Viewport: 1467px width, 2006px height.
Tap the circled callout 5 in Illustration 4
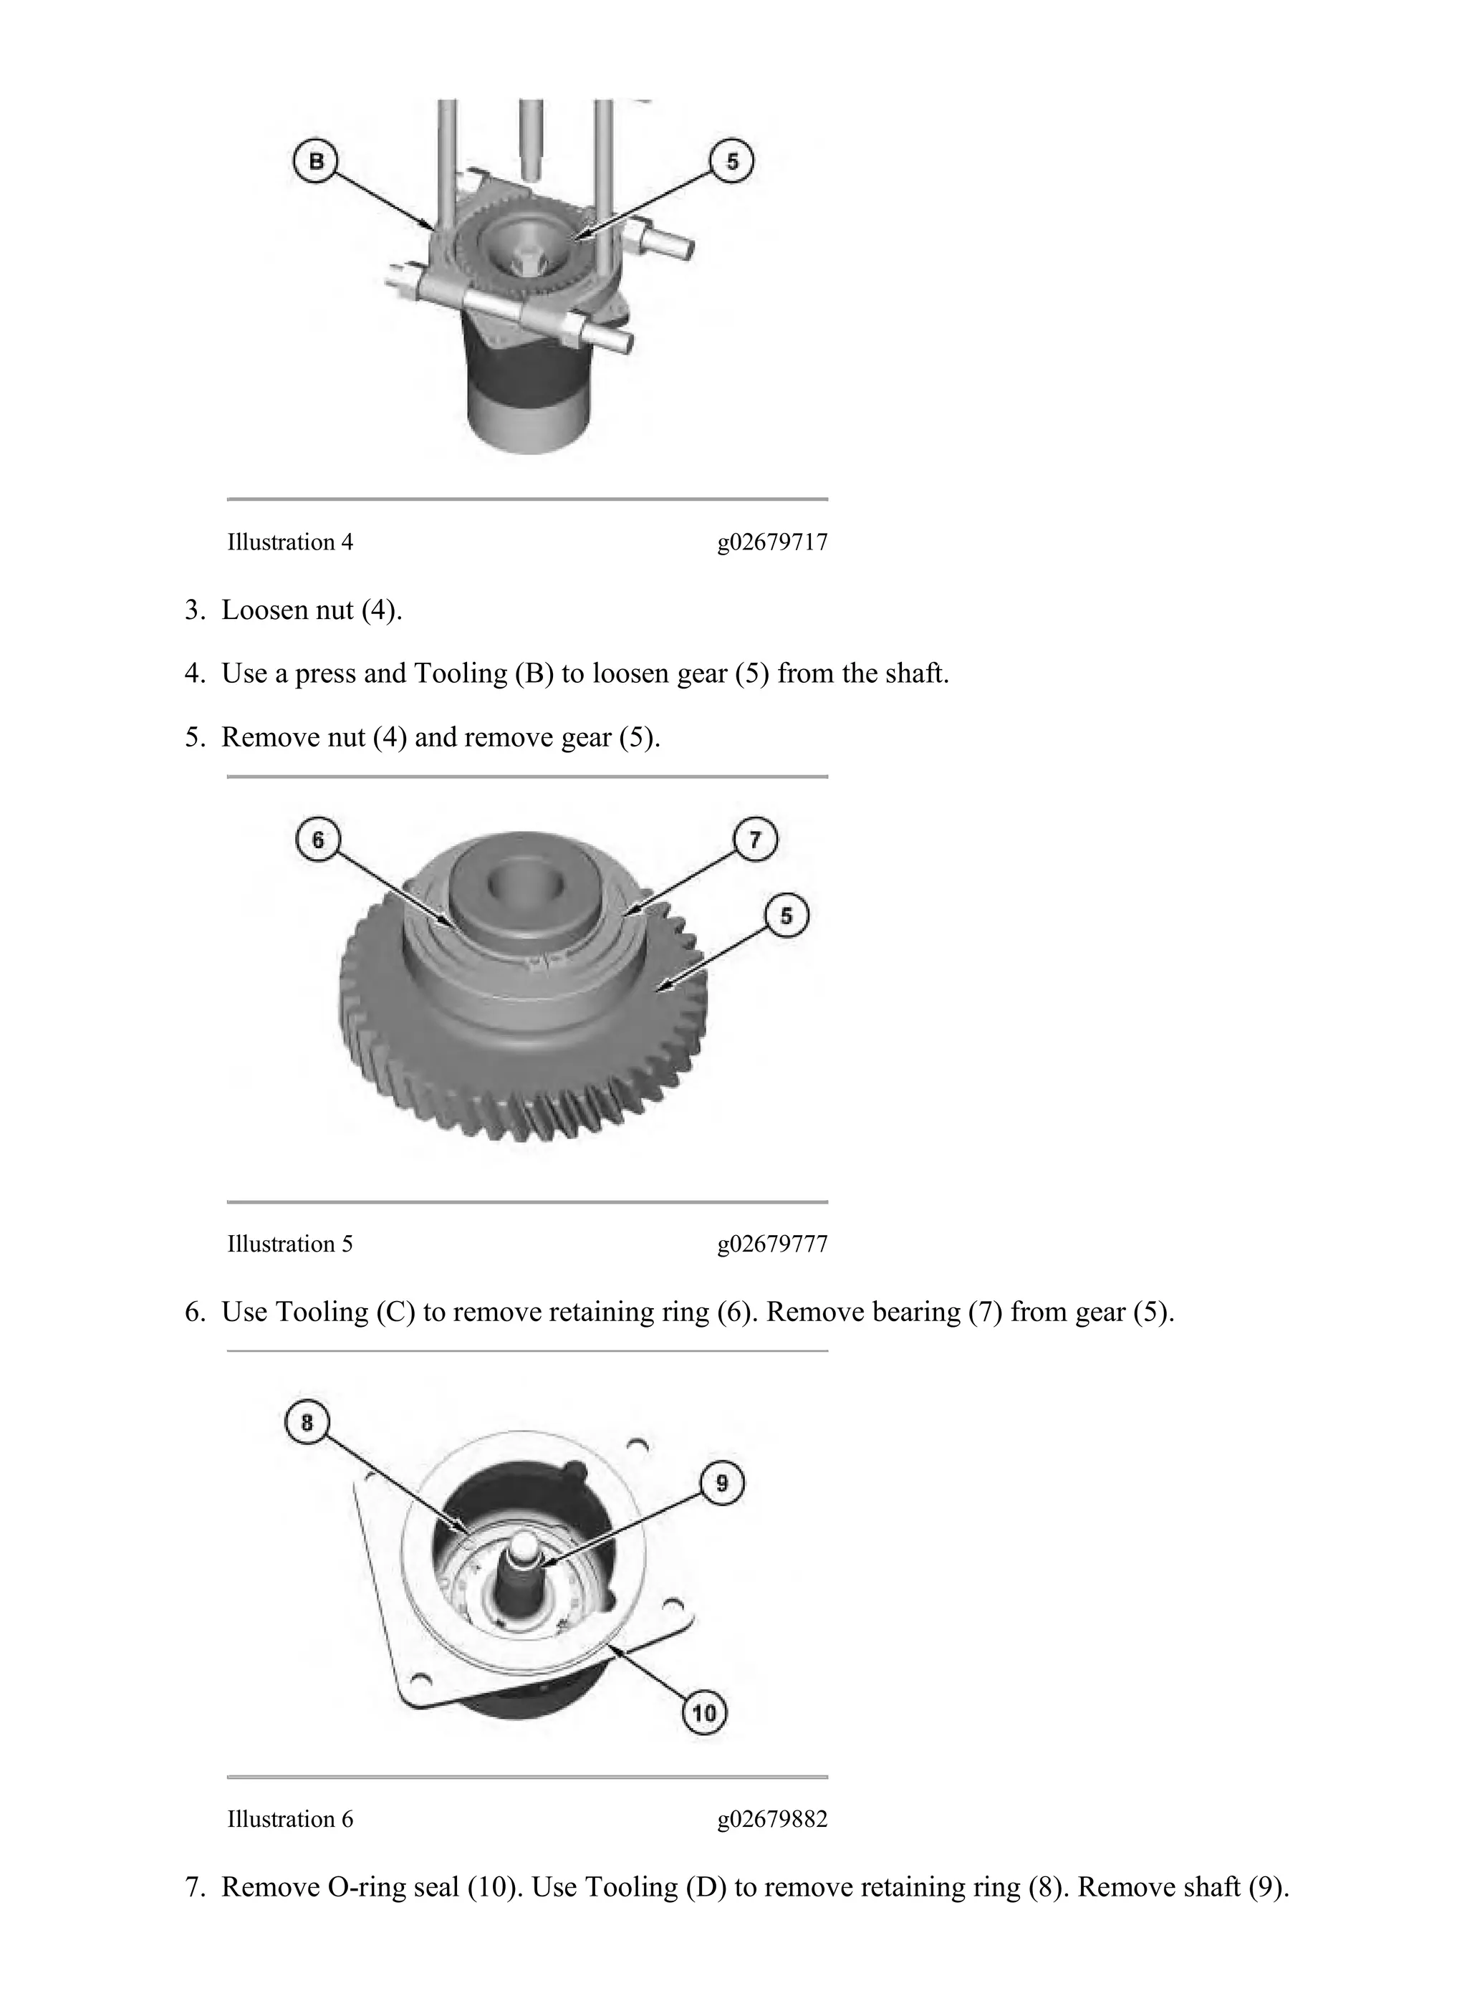coord(732,163)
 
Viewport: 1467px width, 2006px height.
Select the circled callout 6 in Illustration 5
coord(318,839)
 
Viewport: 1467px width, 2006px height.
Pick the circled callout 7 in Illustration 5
coord(755,839)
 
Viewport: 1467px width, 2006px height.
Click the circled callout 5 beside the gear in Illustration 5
coord(787,916)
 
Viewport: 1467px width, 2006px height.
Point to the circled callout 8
coord(307,1424)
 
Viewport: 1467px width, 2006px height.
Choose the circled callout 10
coord(704,1713)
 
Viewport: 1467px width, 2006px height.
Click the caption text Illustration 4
coord(289,542)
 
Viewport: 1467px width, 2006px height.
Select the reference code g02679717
coord(773,542)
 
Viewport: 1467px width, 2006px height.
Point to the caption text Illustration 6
coord(289,1820)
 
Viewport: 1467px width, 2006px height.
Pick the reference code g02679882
coord(773,1820)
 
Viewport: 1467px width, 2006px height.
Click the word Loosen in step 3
coord(266,611)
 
